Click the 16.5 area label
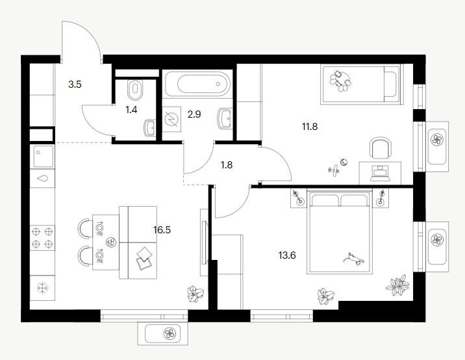pos(162,230)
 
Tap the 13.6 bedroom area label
pos(287,255)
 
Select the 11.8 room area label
pos(310,127)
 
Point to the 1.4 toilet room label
pos(131,110)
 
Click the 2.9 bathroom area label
pos(194,114)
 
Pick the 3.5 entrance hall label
pos(75,84)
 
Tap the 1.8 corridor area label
pos(227,165)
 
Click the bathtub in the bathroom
pos(197,84)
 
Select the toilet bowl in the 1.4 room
pos(135,90)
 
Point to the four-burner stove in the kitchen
pos(42,238)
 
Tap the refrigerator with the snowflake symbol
pos(42,288)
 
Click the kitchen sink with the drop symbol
pos(42,178)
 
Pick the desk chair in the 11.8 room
pos(381,148)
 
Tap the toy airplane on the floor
pos(334,170)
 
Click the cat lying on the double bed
pos(353,259)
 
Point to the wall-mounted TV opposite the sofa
pos(205,242)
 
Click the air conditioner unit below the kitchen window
pos(163,334)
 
